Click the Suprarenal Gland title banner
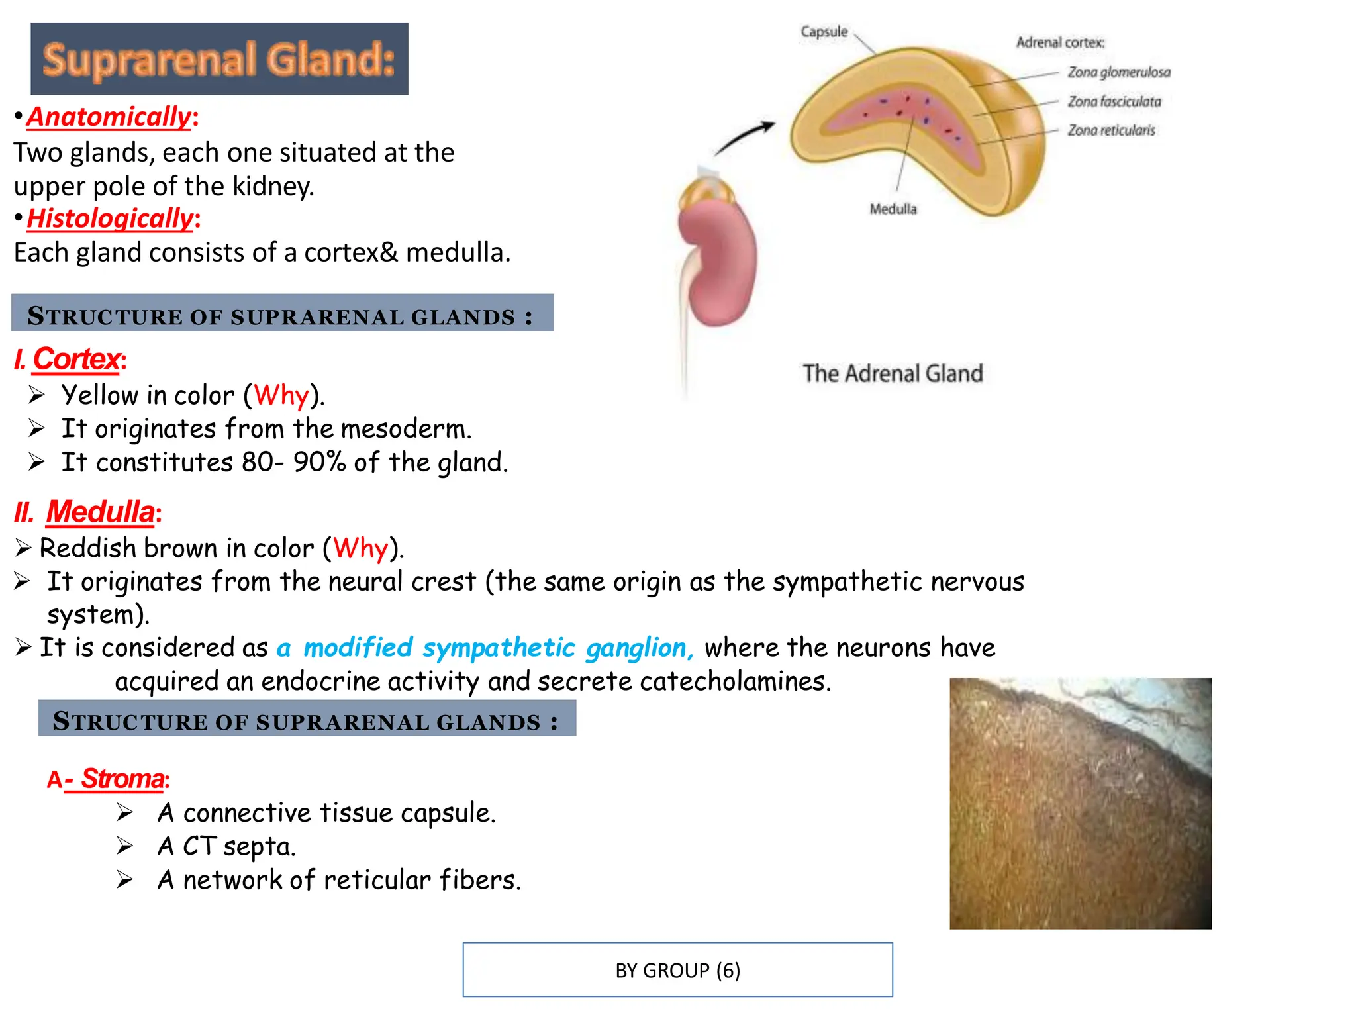(219, 59)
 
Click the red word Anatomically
(109, 117)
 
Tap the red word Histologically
(110, 218)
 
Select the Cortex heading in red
(76, 360)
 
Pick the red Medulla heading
(100, 512)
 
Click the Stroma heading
(122, 779)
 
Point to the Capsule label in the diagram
(824, 32)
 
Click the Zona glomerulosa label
(1118, 72)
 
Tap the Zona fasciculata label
(1114, 101)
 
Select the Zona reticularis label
(1111, 130)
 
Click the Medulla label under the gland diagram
(893, 209)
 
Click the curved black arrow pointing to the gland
(745, 138)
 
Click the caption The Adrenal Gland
(892, 373)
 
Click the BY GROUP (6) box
(677, 970)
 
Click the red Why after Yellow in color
(281, 395)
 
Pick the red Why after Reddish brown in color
(360, 548)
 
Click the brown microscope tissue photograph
(1080, 803)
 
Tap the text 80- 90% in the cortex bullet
(293, 462)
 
